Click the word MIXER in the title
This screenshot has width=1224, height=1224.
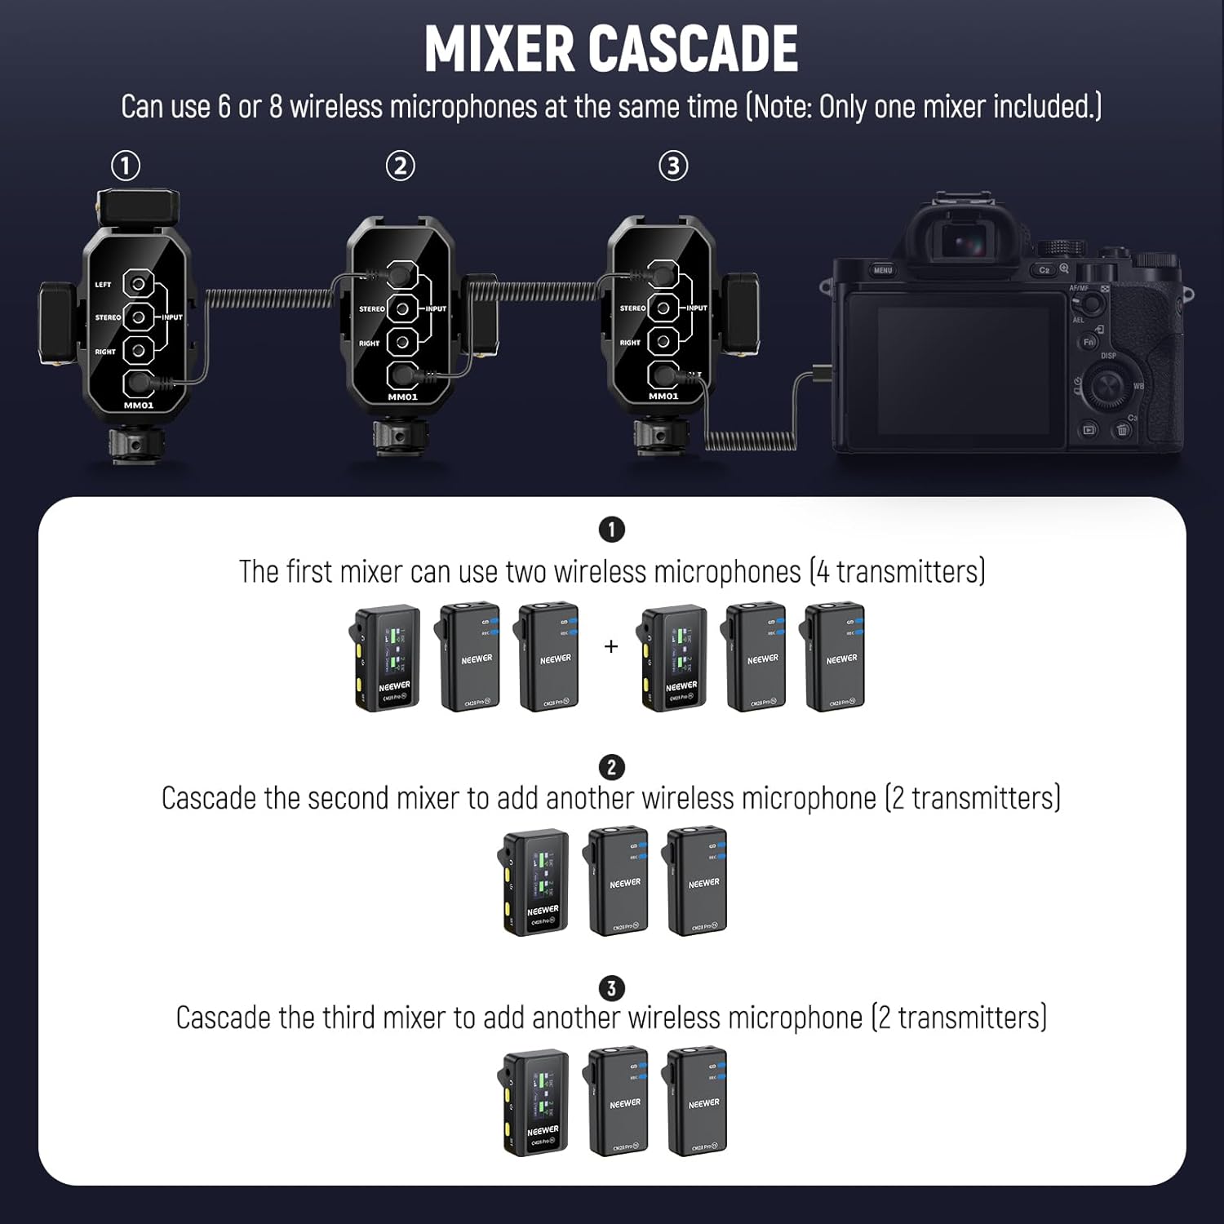[500, 49]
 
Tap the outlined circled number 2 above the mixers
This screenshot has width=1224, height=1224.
[400, 166]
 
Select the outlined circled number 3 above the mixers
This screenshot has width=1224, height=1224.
[673, 166]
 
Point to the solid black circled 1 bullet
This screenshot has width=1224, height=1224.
[611, 530]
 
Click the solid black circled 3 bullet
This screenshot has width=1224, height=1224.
[611, 989]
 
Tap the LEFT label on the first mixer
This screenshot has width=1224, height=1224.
[103, 285]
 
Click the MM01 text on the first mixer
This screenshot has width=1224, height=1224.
[139, 406]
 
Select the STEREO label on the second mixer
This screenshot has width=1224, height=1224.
[371, 309]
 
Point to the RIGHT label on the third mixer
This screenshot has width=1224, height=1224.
[630, 343]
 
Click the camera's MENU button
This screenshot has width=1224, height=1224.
[883, 270]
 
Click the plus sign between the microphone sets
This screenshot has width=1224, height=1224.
[611, 647]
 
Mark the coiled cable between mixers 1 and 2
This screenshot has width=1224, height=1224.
[268, 298]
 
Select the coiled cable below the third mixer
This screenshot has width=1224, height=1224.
[750, 441]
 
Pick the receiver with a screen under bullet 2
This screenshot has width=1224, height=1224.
[535, 882]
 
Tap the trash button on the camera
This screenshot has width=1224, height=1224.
[1123, 430]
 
